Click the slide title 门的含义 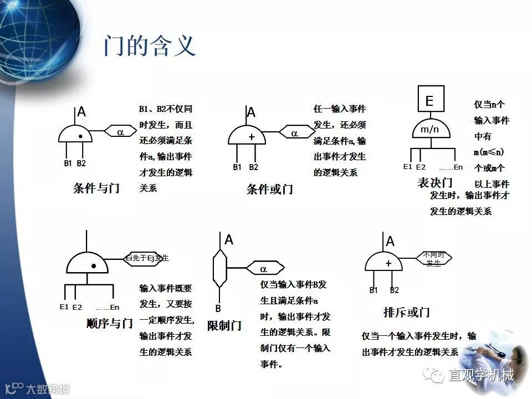[150, 46]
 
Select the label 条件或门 [269, 189]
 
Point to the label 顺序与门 [110, 323]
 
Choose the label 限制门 [224, 325]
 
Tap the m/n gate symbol [429, 129]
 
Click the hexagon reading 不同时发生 [434, 258]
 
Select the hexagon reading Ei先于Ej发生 [147, 258]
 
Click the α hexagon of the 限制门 [264, 269]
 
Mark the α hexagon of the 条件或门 [295, 134]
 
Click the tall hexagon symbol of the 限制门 [221, 268]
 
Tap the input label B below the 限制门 [218, 308]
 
